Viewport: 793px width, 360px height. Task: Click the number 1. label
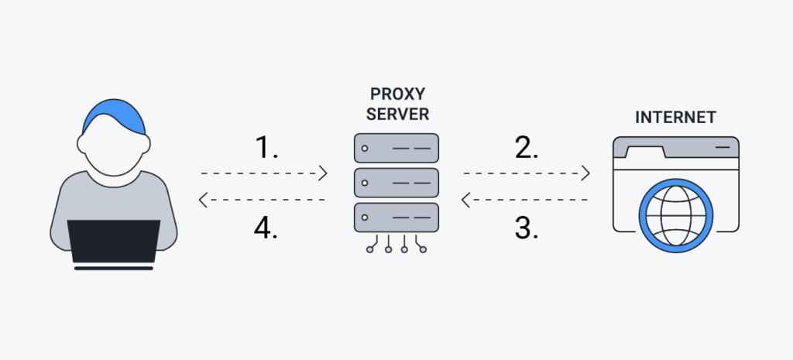266,147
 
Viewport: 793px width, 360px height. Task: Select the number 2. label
527,147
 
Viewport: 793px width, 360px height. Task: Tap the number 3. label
527,229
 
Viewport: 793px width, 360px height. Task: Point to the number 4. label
266,229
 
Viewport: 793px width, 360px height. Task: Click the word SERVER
396,115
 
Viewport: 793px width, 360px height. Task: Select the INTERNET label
675,118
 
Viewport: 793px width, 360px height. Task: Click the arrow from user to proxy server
263,173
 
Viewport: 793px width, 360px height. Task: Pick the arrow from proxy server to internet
527,173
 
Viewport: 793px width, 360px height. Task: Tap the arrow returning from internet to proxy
527,201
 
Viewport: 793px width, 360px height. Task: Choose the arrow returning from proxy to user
263,201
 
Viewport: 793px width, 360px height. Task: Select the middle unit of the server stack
396,183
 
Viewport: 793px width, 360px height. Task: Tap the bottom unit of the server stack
396,218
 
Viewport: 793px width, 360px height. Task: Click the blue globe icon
675,212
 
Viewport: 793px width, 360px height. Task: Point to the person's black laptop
114,242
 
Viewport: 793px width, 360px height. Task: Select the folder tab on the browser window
640,149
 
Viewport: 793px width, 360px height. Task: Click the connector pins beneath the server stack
396,247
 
